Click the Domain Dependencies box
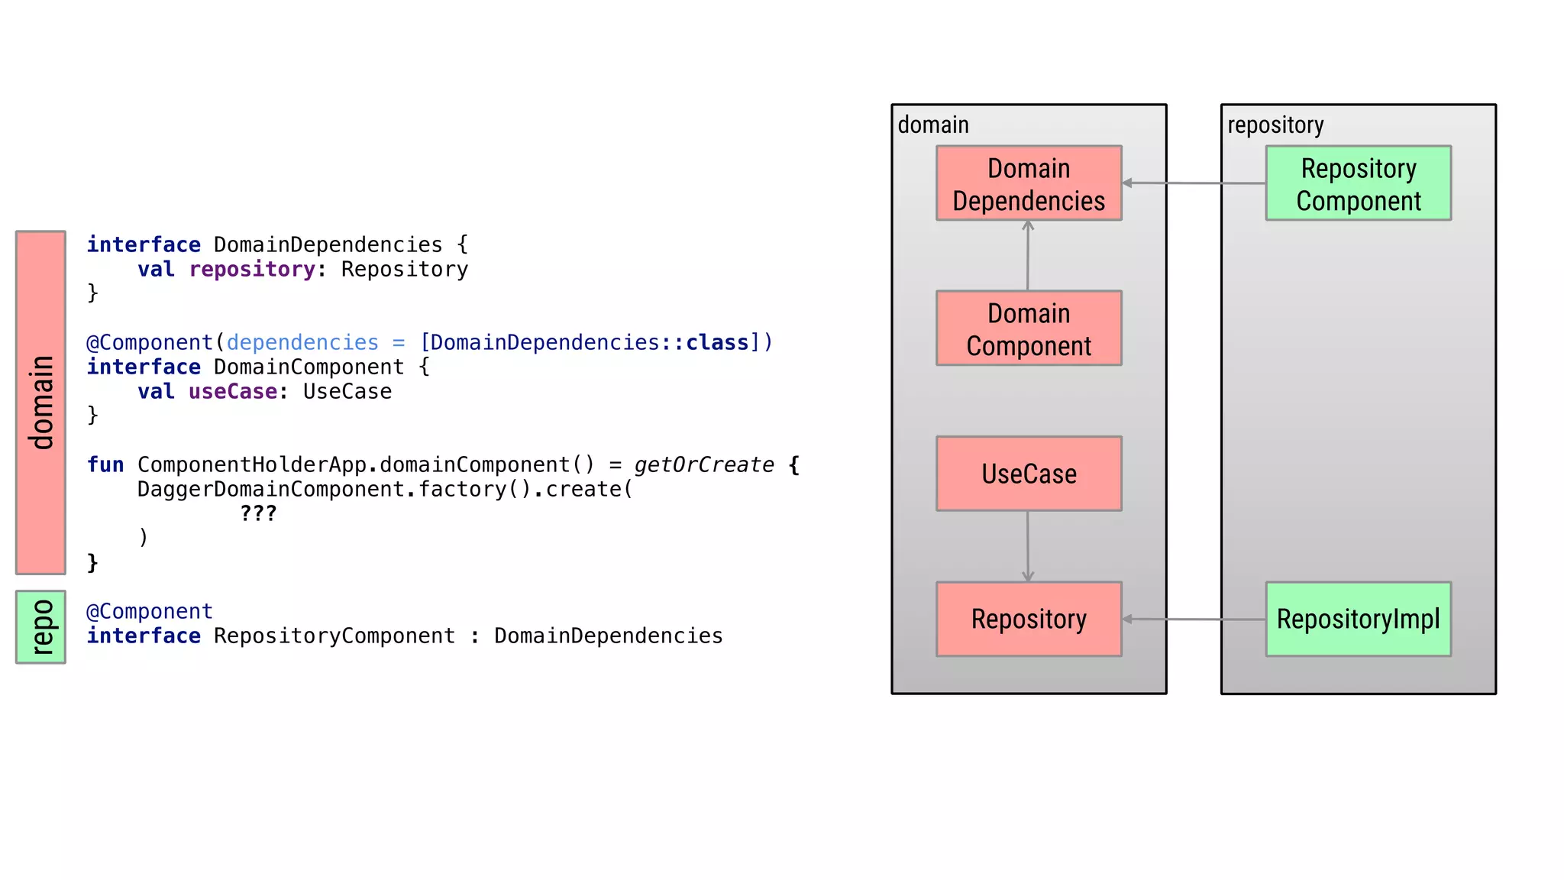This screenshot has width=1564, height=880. coord(1029,183)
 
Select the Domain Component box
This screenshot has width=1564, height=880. coord(1029,328)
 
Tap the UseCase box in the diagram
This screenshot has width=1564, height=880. coord(1029,474)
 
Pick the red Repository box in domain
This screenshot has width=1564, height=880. coord(1029,619)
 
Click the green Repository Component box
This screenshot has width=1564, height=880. coord(1358,183)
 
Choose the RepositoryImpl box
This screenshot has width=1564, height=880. coord(1358,619)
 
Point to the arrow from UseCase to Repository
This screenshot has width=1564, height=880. coord(1028,546)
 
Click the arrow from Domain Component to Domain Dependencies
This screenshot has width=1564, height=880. coord(1028,256)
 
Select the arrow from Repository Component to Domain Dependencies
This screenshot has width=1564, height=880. coord(1194,183)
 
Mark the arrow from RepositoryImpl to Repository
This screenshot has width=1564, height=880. coord(1194,619)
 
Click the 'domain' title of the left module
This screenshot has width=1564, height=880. coord(933,125)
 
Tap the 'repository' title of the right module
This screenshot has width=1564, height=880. coord(1275,125)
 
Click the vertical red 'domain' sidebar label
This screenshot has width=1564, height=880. coord(40,403)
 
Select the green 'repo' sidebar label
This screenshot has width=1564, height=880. coord(40,627)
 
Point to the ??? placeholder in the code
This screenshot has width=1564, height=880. coord(258,513)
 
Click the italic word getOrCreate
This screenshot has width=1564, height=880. coord(703,464)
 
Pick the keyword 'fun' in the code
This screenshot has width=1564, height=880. coord(105,464)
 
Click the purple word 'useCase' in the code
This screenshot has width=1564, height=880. coord(233,391)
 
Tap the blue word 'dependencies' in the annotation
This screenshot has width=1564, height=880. coord(302,342)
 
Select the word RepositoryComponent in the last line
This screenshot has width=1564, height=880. coord(334,636)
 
